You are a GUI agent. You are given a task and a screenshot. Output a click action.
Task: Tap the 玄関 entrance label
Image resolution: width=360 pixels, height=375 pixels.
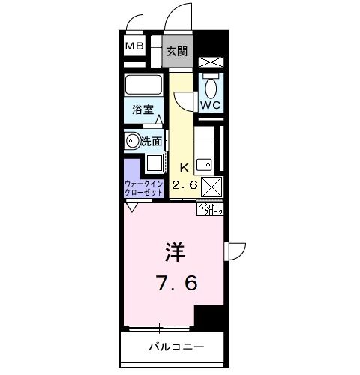coord(177,52)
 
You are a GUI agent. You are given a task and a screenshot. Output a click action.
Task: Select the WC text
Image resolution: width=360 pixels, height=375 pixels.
coord(209,104)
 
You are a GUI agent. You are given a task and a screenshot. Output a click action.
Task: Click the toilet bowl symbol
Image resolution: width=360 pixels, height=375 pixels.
coord(210,84)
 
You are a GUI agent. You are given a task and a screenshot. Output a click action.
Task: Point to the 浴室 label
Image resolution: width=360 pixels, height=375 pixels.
coord(144,109)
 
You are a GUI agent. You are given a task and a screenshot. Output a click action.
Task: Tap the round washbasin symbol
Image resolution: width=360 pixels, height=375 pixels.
coord(133,140)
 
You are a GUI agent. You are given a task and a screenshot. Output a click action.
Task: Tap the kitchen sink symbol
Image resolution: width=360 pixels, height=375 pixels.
coord(202,162)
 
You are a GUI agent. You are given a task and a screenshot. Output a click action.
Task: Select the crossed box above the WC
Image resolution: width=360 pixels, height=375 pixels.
coord(210,62)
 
